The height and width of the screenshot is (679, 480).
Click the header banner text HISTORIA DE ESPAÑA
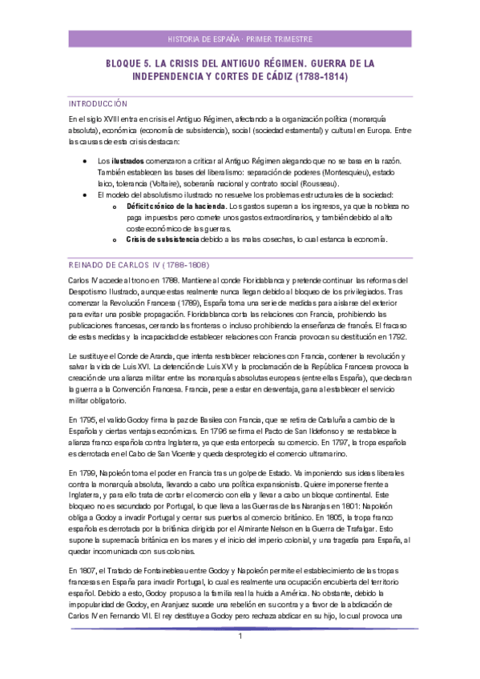coord(204,38)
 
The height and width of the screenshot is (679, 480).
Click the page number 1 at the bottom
coord(240,658)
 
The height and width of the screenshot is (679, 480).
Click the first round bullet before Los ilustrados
coord(85,161)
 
